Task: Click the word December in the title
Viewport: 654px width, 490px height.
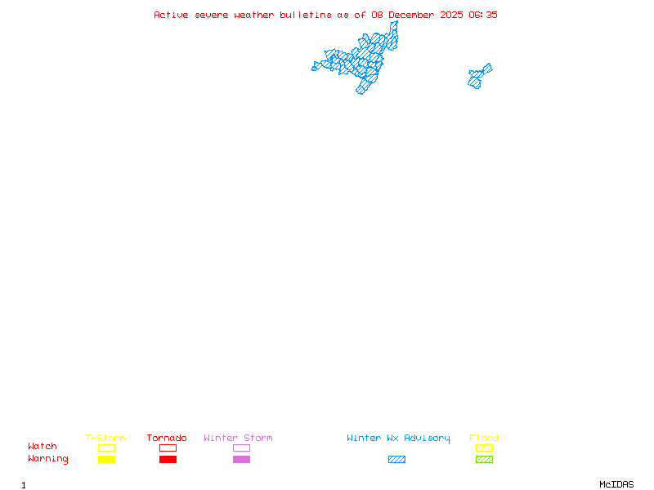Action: click(x=415, y=15)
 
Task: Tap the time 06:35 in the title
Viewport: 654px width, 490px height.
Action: click(x=483, y=15)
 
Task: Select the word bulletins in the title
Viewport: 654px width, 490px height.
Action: click(x=307, y=15)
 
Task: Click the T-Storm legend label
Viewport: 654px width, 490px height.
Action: click(x=105, y=439)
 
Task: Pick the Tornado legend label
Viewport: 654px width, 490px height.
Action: click(x=167, y=439)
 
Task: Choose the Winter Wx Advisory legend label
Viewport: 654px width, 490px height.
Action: click(x=398, y=439)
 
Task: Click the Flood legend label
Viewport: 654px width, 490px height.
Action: click(x=484, y=439)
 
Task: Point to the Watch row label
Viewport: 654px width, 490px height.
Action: click(x=43, y=447)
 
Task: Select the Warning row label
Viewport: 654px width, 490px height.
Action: click(x=48, y=459)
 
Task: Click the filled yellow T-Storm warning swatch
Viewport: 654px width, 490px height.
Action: click(x=106, y=460)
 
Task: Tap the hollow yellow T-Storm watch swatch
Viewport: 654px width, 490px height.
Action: click(x=106, y=448)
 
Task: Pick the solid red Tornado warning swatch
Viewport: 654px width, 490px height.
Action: click(x=168, y=460)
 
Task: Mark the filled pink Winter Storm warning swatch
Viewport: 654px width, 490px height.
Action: click(x=241, y=460)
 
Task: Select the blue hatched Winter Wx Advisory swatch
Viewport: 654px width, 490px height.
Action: click(x=396, y=460)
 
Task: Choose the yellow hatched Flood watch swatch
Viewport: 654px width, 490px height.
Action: click(x=484, y=448)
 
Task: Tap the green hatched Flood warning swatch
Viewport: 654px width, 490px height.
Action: click(x=484, y=460)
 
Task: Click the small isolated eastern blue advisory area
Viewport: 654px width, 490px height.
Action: click(x=479, y=77)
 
